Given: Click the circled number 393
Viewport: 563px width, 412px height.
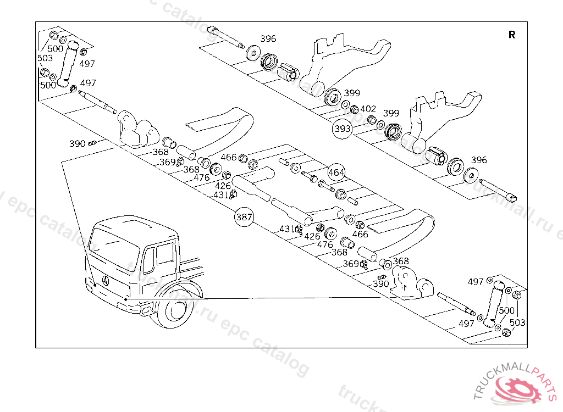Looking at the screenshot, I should click(342, 130).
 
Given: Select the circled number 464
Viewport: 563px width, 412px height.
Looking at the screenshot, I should click(336, 172).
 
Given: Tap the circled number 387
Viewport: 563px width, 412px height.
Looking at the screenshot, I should click(244, 217).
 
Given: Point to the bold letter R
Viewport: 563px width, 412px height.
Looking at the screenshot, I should click(512, 35).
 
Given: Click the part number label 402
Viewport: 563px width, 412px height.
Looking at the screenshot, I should click(368, 109).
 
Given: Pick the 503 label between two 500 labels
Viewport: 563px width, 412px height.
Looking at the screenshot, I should click(45, 58).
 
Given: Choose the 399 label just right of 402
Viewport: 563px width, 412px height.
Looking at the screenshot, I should click(391, 113).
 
